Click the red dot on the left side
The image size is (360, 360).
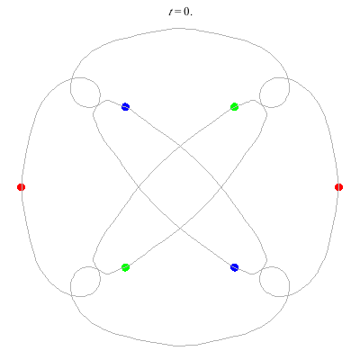pyautogui.click(x=21, y=187)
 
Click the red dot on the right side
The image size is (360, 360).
pyautogui.click(x=338, y=187)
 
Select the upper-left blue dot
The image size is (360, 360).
pyautogui.click(x=125, y=107)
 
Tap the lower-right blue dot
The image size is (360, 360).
pyautogui.click(x=235, y=267)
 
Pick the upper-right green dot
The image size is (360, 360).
pyautogui.click(x=235, y=107)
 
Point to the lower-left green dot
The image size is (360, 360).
pyautogui.click(x=125, y=267)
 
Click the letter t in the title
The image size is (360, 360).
pyautogui.click(x=171, y=12)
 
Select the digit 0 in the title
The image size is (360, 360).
pyautogui.click(x=187, y=12)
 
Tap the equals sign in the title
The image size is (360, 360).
pyautogui.click(x=178, y=13)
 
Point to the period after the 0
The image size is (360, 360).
pyautogui.click(x=191, y=14)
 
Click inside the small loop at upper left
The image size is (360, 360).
pyautogui.click(x=85, y=93)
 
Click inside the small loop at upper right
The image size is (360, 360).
pyautogui.click(x=274, y=93)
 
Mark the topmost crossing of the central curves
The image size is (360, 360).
pyautogui.click(x=180, y=146)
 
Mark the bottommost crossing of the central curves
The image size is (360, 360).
pyautogui.click(x=180, y=229)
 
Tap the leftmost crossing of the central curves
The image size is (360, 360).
pyautogui.click(x=139, y=187)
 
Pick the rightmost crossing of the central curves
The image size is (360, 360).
pyautogui.click(x=221, y=187)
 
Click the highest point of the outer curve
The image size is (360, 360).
pyautogui.click(x=180, y=29)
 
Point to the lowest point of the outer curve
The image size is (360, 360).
pyautogui.click(x=180, y=346)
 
